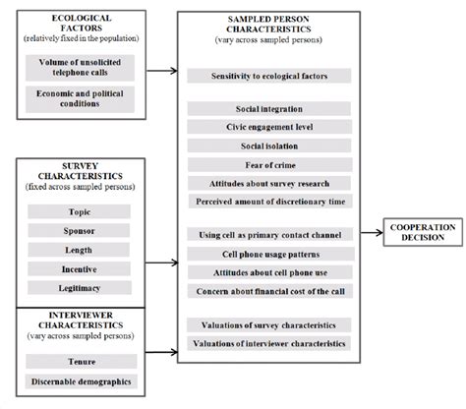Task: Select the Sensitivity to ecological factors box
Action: tap(267, 76)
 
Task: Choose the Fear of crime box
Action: tap(267, 164)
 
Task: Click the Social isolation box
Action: tap(267, 146)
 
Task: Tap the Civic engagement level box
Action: tap(267, 127)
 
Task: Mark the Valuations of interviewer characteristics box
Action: tap(267, 343)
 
